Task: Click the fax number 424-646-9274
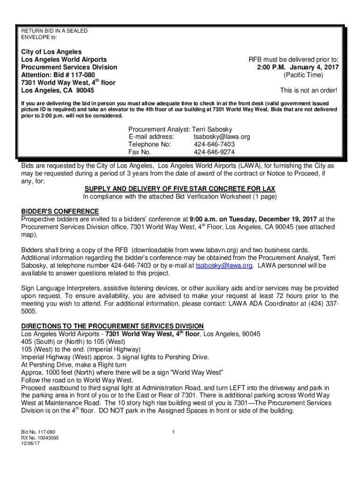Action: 214,152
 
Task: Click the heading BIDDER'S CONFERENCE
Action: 60,211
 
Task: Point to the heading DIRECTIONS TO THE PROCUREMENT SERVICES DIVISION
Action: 112,326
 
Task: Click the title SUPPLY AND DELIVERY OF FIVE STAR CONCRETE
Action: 180,189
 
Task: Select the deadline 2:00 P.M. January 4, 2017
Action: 297,67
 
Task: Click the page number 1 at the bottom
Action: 173,431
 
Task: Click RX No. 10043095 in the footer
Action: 40,438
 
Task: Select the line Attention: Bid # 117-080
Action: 58,75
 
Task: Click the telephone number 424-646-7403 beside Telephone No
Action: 214,145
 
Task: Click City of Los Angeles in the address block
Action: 51,52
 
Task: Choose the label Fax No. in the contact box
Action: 139,152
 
